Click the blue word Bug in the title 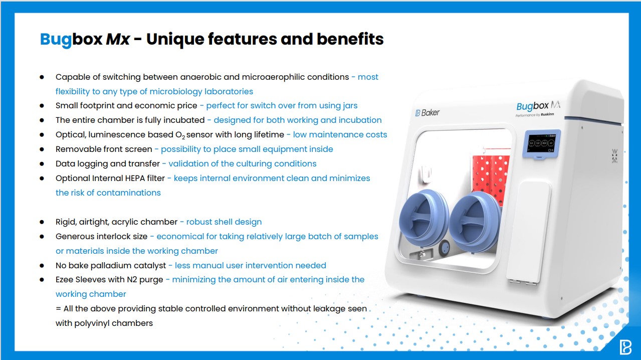(56, 40)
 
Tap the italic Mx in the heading (118, 39)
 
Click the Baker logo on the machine (427, 113)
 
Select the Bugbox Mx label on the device (538, 105)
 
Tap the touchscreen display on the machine (541, 143)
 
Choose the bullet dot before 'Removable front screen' (42, 149)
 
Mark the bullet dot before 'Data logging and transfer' (42, 164)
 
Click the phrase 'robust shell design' (224, 222)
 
